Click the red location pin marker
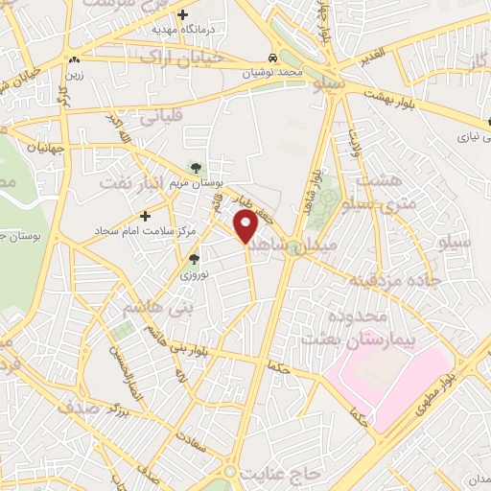tap(245, 226)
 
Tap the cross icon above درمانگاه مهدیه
tap(183, 14)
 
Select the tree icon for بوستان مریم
tap(196, 168)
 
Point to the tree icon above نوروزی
tap(195, 259)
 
